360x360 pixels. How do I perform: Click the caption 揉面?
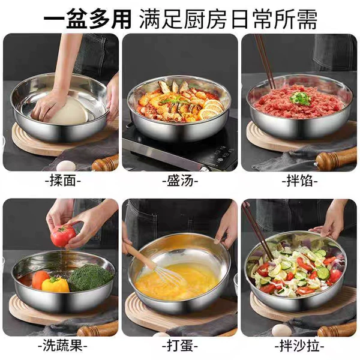point(63,181)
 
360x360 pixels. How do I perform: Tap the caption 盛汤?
point(180,181)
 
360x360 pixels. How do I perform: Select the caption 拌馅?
point(299,181)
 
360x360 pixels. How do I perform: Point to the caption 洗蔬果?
point(62,346)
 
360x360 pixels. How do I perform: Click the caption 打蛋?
point(180,346)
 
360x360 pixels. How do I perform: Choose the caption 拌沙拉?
point(299,346)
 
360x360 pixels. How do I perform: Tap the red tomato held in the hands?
point(62,235)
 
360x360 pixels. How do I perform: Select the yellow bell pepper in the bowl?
point(55,284)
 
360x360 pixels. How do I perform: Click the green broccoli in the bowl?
point(91,277)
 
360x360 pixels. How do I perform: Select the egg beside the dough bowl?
point(66,166)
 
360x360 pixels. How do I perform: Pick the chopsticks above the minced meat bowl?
point(265,62)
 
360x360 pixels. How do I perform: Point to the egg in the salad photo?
point(281,330)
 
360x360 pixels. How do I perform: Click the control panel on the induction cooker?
point(226,154)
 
